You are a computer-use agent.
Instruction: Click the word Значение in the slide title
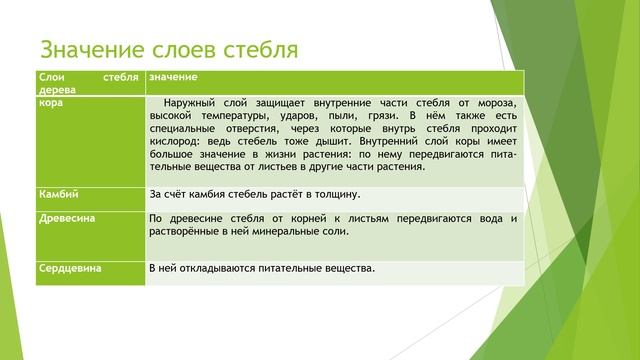[x=93, y=49]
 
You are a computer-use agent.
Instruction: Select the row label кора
[x=50, y=101]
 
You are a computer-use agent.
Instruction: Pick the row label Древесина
[x=66, y=218]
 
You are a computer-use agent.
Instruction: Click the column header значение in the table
[x=173, y=76]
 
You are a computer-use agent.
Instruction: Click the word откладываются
[x=223, y=269]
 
